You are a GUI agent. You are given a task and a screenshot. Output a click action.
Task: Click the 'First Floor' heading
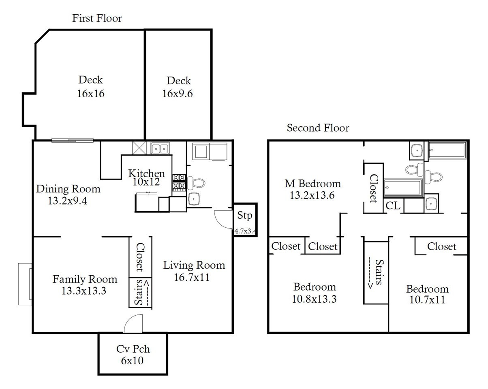(x=97, y=18)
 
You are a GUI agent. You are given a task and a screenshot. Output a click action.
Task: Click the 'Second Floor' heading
(x=318, y=128)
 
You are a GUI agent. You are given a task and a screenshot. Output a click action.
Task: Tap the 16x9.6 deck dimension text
(x=178, y=94)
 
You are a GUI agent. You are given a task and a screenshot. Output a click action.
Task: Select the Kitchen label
(x=146, y=173)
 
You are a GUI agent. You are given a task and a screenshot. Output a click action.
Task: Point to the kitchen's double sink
(x=160, y=148)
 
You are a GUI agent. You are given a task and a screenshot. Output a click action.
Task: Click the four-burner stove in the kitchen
(x=179, y=182)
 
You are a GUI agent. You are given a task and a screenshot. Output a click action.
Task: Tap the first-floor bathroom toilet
(x=197, y=183)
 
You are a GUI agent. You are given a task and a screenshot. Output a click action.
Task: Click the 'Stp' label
(x=245, y=215)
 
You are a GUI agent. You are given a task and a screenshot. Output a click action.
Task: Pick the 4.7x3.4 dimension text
(x=245, y=231)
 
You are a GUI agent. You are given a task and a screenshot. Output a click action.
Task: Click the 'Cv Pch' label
(x=133, y=349)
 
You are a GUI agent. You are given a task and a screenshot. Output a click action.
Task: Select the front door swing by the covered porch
(x=133, y=323)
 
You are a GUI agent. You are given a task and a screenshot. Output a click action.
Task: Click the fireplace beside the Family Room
(x=25, y=284)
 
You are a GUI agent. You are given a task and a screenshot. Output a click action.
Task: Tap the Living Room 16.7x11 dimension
(x=192, y=278)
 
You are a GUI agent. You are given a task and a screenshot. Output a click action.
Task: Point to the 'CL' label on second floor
(x=393, y=206)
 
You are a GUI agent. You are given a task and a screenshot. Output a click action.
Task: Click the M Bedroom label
(x=313, y=184)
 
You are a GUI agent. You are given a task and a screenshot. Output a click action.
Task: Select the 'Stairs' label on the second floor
(x=379, y=272)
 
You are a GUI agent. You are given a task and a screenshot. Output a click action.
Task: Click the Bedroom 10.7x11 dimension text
(x=427, y=300)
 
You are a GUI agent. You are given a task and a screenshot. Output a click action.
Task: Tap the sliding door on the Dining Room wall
(x=73, y=141)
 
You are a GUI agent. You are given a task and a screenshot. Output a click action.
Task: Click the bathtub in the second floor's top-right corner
(x=447, y=150)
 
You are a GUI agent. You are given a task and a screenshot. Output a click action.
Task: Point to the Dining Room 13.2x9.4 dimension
(x=68, y=201)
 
